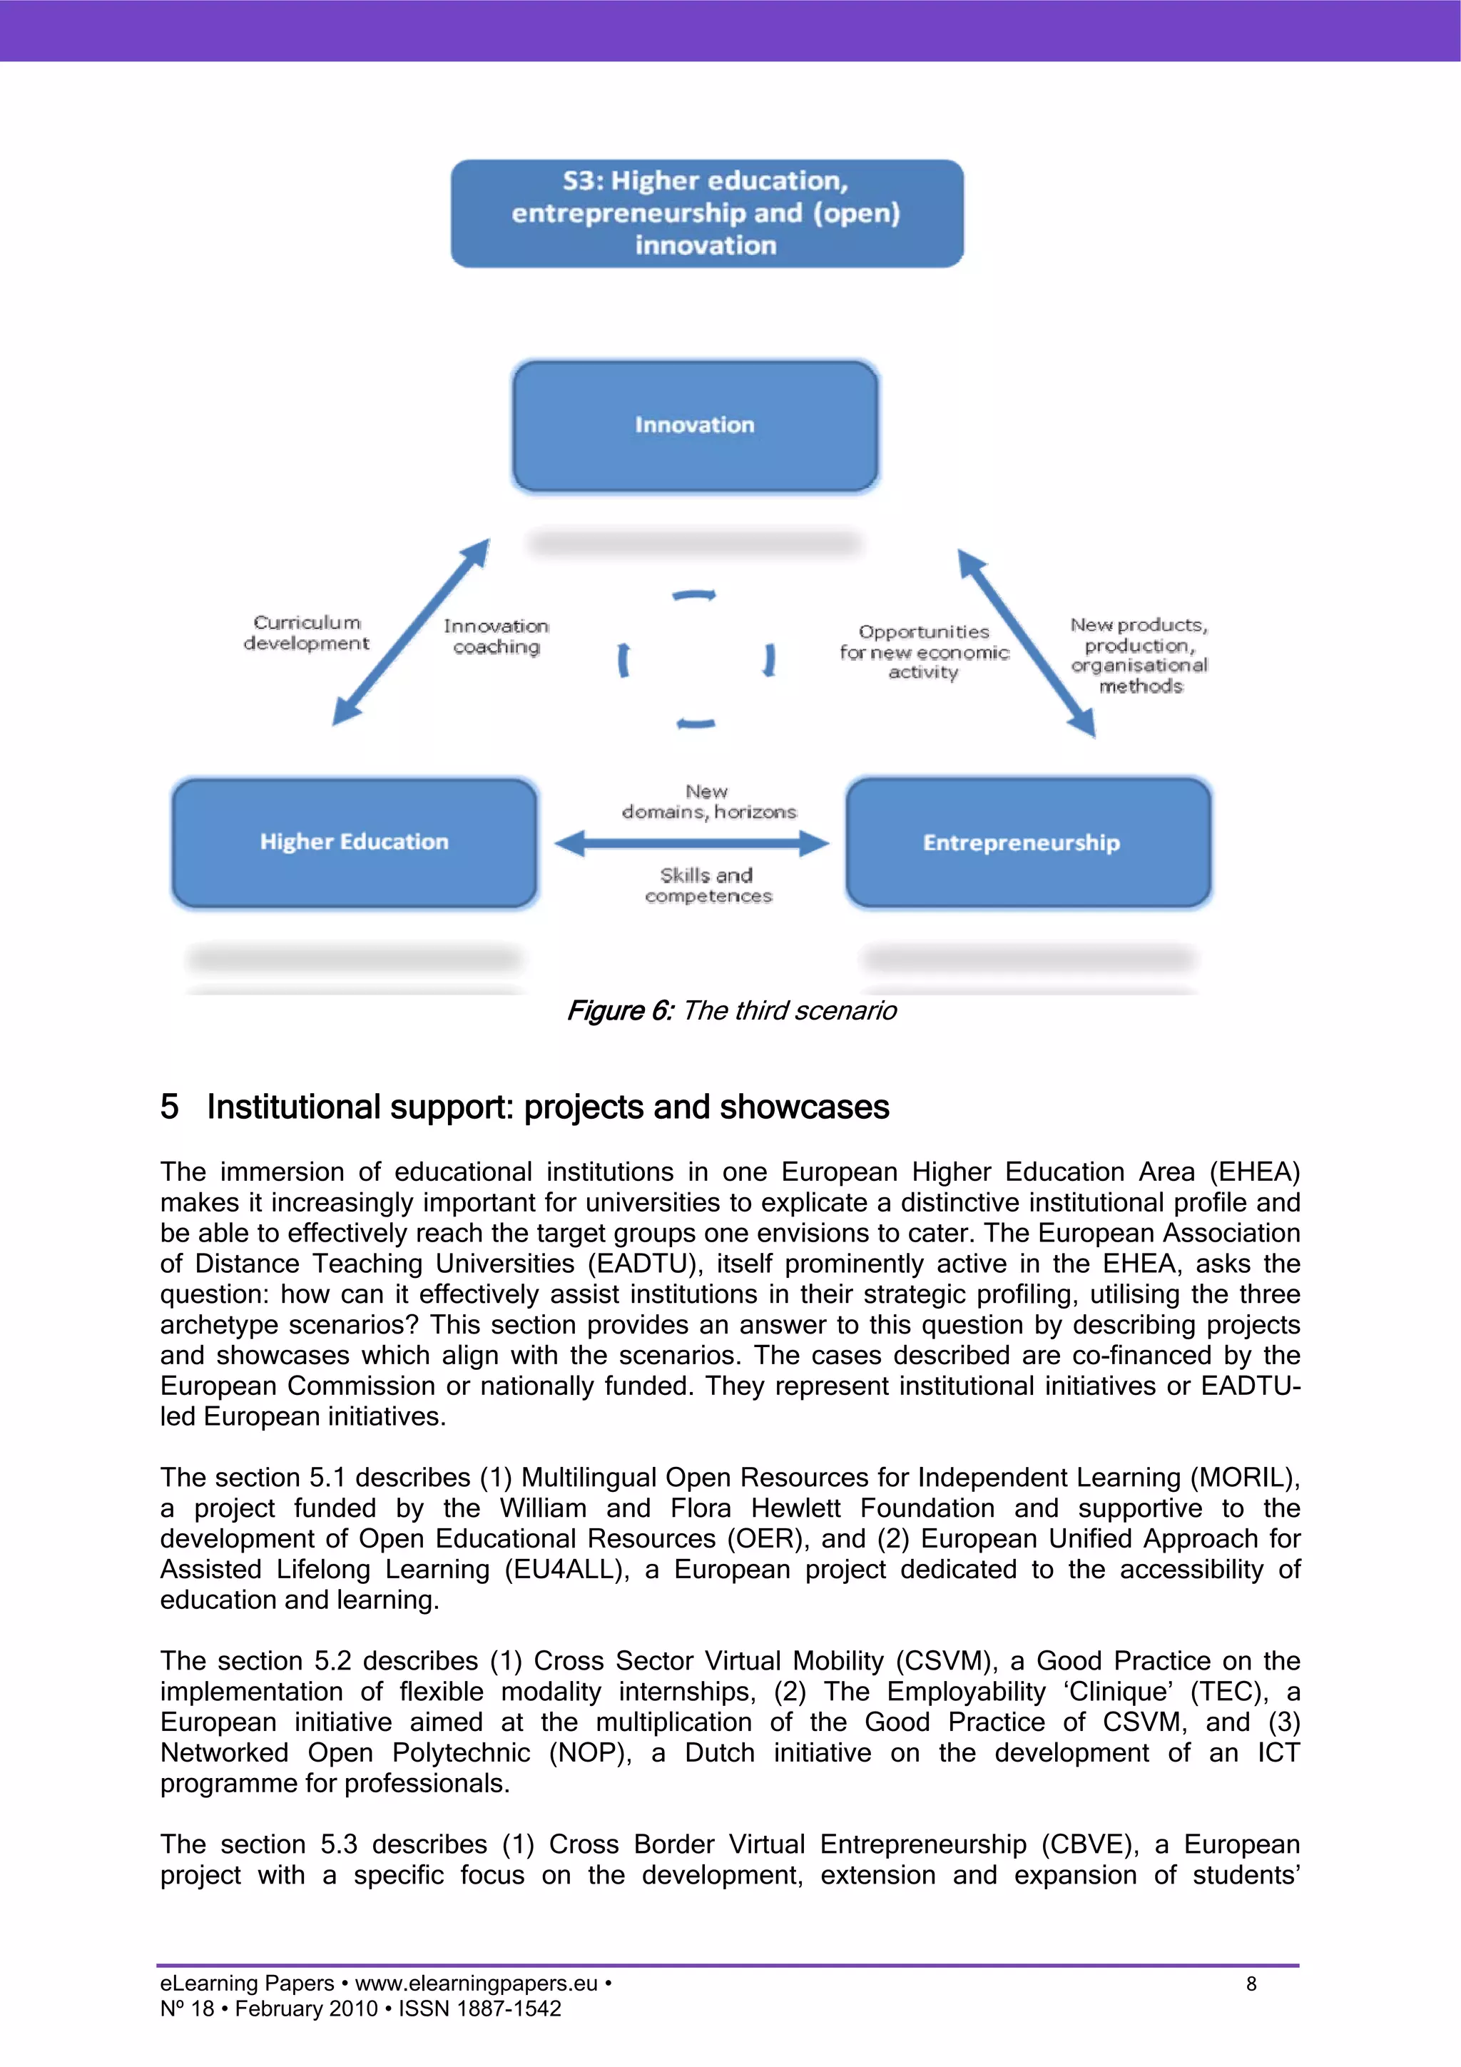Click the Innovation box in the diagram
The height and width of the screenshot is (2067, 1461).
pos(695,426)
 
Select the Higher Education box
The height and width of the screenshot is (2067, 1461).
pos(354,843)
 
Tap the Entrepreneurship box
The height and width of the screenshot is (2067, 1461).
pos(1028,843)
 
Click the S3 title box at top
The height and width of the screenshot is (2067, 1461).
pos(707,213)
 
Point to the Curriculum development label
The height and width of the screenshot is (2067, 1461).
pos(306,633)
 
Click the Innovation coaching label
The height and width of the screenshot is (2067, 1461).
pos(496,636)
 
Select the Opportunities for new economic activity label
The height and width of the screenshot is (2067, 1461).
pos(924,652)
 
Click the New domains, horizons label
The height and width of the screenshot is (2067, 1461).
pos(708,801)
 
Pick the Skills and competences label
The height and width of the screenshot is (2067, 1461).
pos(708,885)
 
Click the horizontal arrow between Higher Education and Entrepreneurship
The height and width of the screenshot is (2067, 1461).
pos(691,843)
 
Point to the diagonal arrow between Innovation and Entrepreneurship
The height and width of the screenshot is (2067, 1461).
pos(1027,643)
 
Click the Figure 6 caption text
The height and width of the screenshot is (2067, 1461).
pos(731,1010)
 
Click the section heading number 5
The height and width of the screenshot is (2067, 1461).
pos(169,1107)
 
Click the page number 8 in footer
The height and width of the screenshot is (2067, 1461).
pos(1251,1984)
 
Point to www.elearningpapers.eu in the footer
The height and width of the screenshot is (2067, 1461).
pos(477,1984)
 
